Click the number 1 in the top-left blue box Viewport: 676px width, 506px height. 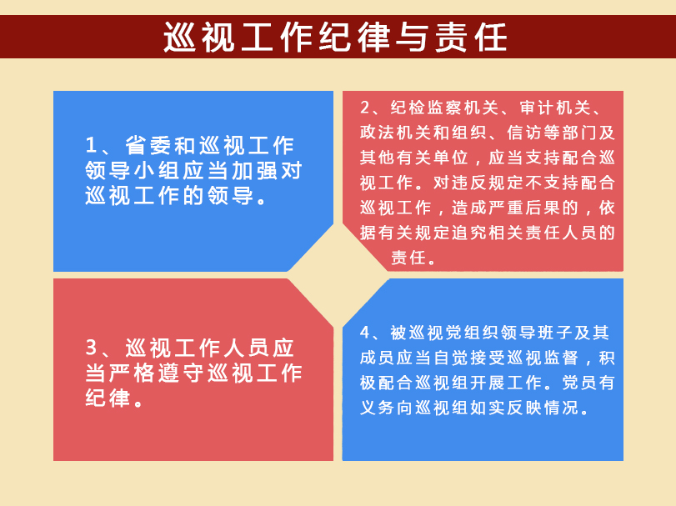(91, 145)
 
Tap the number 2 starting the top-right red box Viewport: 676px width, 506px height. (365, 108)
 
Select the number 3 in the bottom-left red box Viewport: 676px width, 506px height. (91, 348)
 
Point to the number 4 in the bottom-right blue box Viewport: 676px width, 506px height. (365, 333)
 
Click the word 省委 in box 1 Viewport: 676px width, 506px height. (148, 145)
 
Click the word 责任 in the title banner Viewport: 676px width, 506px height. (471, 37)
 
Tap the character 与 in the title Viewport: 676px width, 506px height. (413, 37)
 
